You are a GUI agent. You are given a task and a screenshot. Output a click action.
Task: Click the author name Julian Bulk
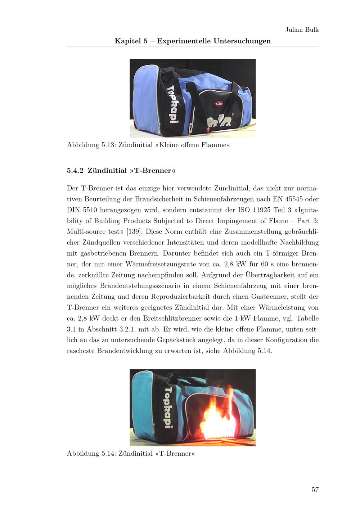click(302, 30)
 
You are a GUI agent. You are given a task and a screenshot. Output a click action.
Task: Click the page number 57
click(315, 490)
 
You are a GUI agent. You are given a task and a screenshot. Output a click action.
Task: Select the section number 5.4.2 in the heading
click(75, 171)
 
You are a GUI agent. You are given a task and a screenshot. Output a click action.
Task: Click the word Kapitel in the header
click(128, 41)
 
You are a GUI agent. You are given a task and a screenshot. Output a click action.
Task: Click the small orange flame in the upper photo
click(208, 129)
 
